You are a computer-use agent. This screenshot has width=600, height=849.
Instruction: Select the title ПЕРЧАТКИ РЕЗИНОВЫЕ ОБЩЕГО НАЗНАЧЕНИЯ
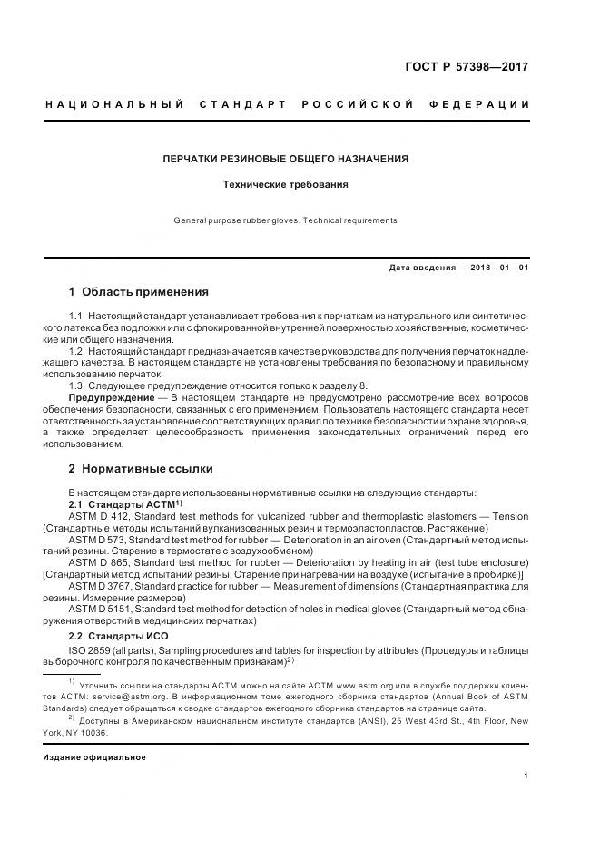point(285,159)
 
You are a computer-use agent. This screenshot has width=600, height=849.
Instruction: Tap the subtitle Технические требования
point(286,184)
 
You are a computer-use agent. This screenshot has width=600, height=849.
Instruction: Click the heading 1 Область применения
point(139,292)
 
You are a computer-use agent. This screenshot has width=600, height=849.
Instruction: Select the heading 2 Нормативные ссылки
point(141,469)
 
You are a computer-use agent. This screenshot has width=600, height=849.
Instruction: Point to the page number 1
point(526,776)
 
